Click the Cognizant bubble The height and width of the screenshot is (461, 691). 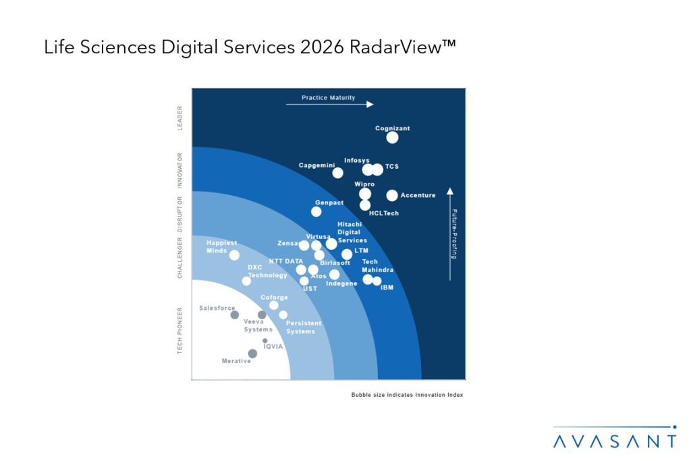[392, 138]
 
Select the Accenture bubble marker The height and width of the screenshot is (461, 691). [392, 196]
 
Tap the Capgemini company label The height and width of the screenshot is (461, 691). [316, 165]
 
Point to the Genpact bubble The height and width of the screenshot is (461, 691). [316, 211]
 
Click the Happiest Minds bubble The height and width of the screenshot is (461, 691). [234, 255]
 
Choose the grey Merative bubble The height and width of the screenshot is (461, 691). [252, 353]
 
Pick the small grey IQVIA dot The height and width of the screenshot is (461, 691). [265, 341]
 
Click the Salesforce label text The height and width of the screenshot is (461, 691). [217, 308]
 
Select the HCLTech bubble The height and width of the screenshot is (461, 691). [365, 205]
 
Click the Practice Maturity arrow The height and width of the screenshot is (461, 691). [329, 105]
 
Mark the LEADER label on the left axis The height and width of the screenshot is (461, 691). [180, 117]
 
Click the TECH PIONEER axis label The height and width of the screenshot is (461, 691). [180, 331]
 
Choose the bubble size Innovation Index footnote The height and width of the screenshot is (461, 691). [407, 394]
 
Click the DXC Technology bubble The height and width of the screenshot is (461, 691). [246, 281]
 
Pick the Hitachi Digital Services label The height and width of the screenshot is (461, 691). [352, 232]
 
